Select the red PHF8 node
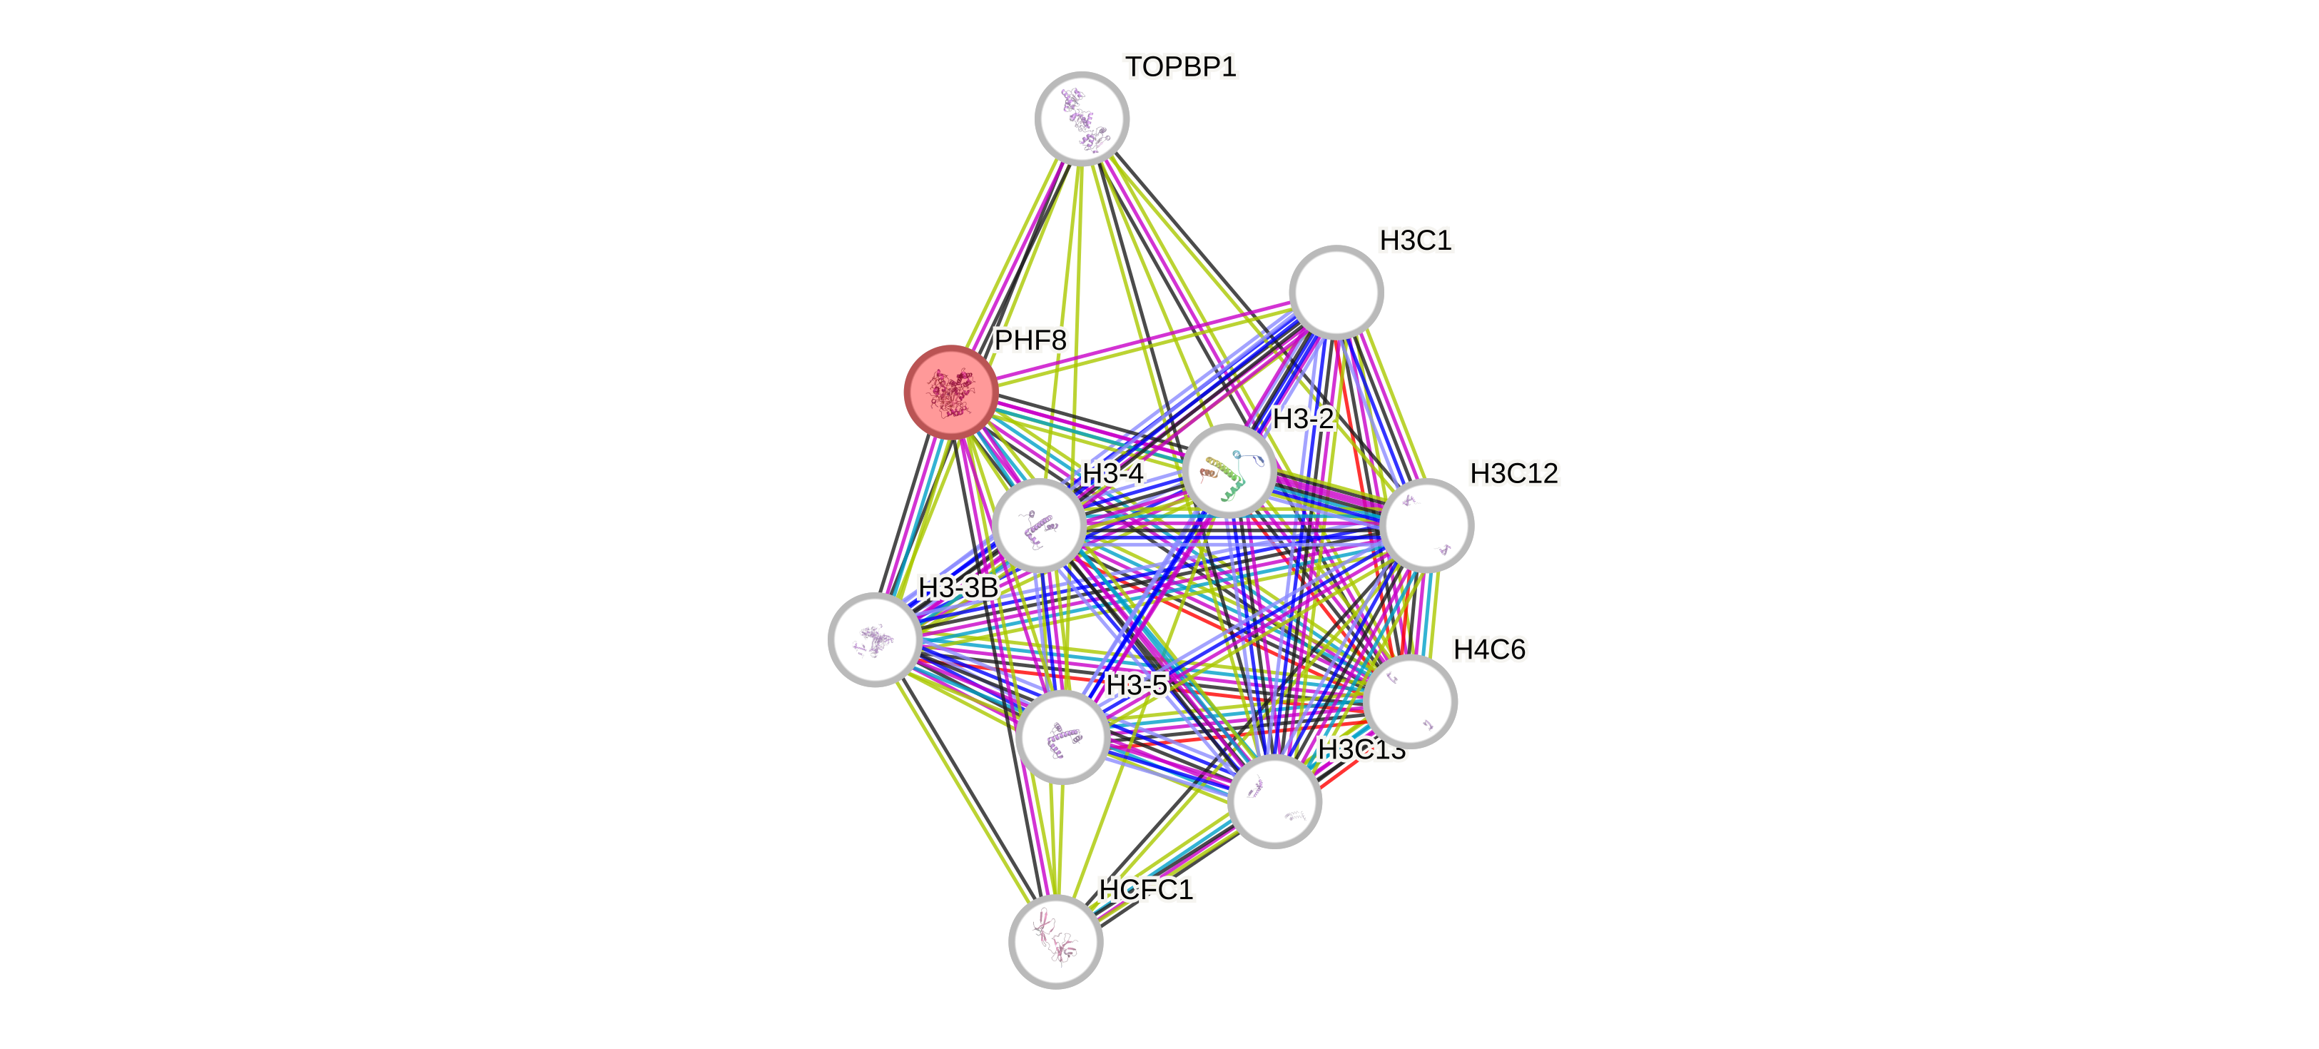[x=950, y=392]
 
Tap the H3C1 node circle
[x=1336, y=292]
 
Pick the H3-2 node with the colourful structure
[x=1229, y=471]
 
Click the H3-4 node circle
[x=1040, y=526]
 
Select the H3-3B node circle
[x=874, y=639]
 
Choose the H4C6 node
[x=1410, y=701]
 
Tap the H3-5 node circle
[x=1062, y=737]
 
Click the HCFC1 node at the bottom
[x=1055, y=941]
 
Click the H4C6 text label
[x=1489, y=649]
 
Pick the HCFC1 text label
[x=1145, y=890]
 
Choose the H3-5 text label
[x=1135, y=685]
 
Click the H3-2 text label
[x=1303, y=419]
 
